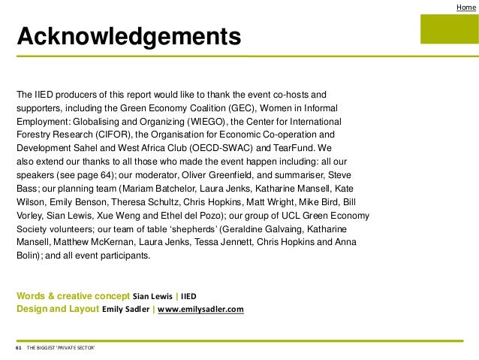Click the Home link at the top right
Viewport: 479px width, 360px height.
click(465, 7)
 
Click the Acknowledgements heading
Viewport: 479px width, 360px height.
click(129, 36)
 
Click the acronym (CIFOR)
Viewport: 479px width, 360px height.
click(115, 134)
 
